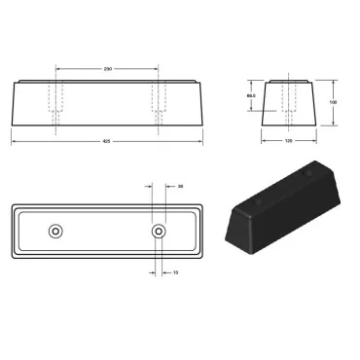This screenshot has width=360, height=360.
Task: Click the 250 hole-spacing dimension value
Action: point(107,68)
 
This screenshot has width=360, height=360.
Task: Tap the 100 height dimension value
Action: point(333,100)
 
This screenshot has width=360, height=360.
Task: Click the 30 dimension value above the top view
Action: point(181,185)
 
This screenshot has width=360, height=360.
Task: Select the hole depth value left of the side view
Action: point(250,96)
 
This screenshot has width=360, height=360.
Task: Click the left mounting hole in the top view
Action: point(55,232)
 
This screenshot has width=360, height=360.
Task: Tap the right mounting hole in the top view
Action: point(159,232)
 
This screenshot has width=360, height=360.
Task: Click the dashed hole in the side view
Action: point(288,102)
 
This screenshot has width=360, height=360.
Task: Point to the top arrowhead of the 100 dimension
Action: point(333,77)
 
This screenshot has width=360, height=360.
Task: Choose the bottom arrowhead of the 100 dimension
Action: point(333,125)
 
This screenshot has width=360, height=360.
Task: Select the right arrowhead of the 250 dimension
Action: point(158,68)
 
